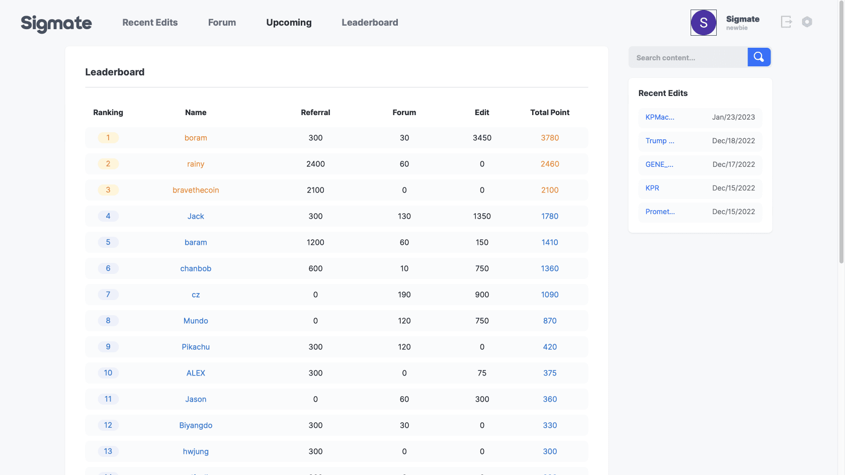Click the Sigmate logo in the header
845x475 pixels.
click(56, 23)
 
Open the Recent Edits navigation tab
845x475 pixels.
click(150, 23)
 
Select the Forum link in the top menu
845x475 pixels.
click(222, 23)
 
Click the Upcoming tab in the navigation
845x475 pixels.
click(289, 23)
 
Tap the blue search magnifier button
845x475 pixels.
click(758, 57)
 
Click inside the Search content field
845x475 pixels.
click(688, 58)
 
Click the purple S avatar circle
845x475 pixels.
click(703, 23)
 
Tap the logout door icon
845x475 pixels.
click(786, 22)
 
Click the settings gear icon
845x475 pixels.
click(807, 22)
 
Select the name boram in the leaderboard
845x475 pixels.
click(196, 138)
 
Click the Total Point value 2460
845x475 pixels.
click(550, 164)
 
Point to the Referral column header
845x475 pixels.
click(315, 113)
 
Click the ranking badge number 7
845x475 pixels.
click(108, 295)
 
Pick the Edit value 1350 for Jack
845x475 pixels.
click(482, 216)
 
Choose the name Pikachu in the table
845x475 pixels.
click(196, 347)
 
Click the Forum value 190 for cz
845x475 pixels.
click(404, 295)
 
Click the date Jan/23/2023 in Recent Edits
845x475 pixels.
click(733, 117)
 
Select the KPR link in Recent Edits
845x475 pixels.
click(652, 188)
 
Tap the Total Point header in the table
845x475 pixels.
click(550, 113)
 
